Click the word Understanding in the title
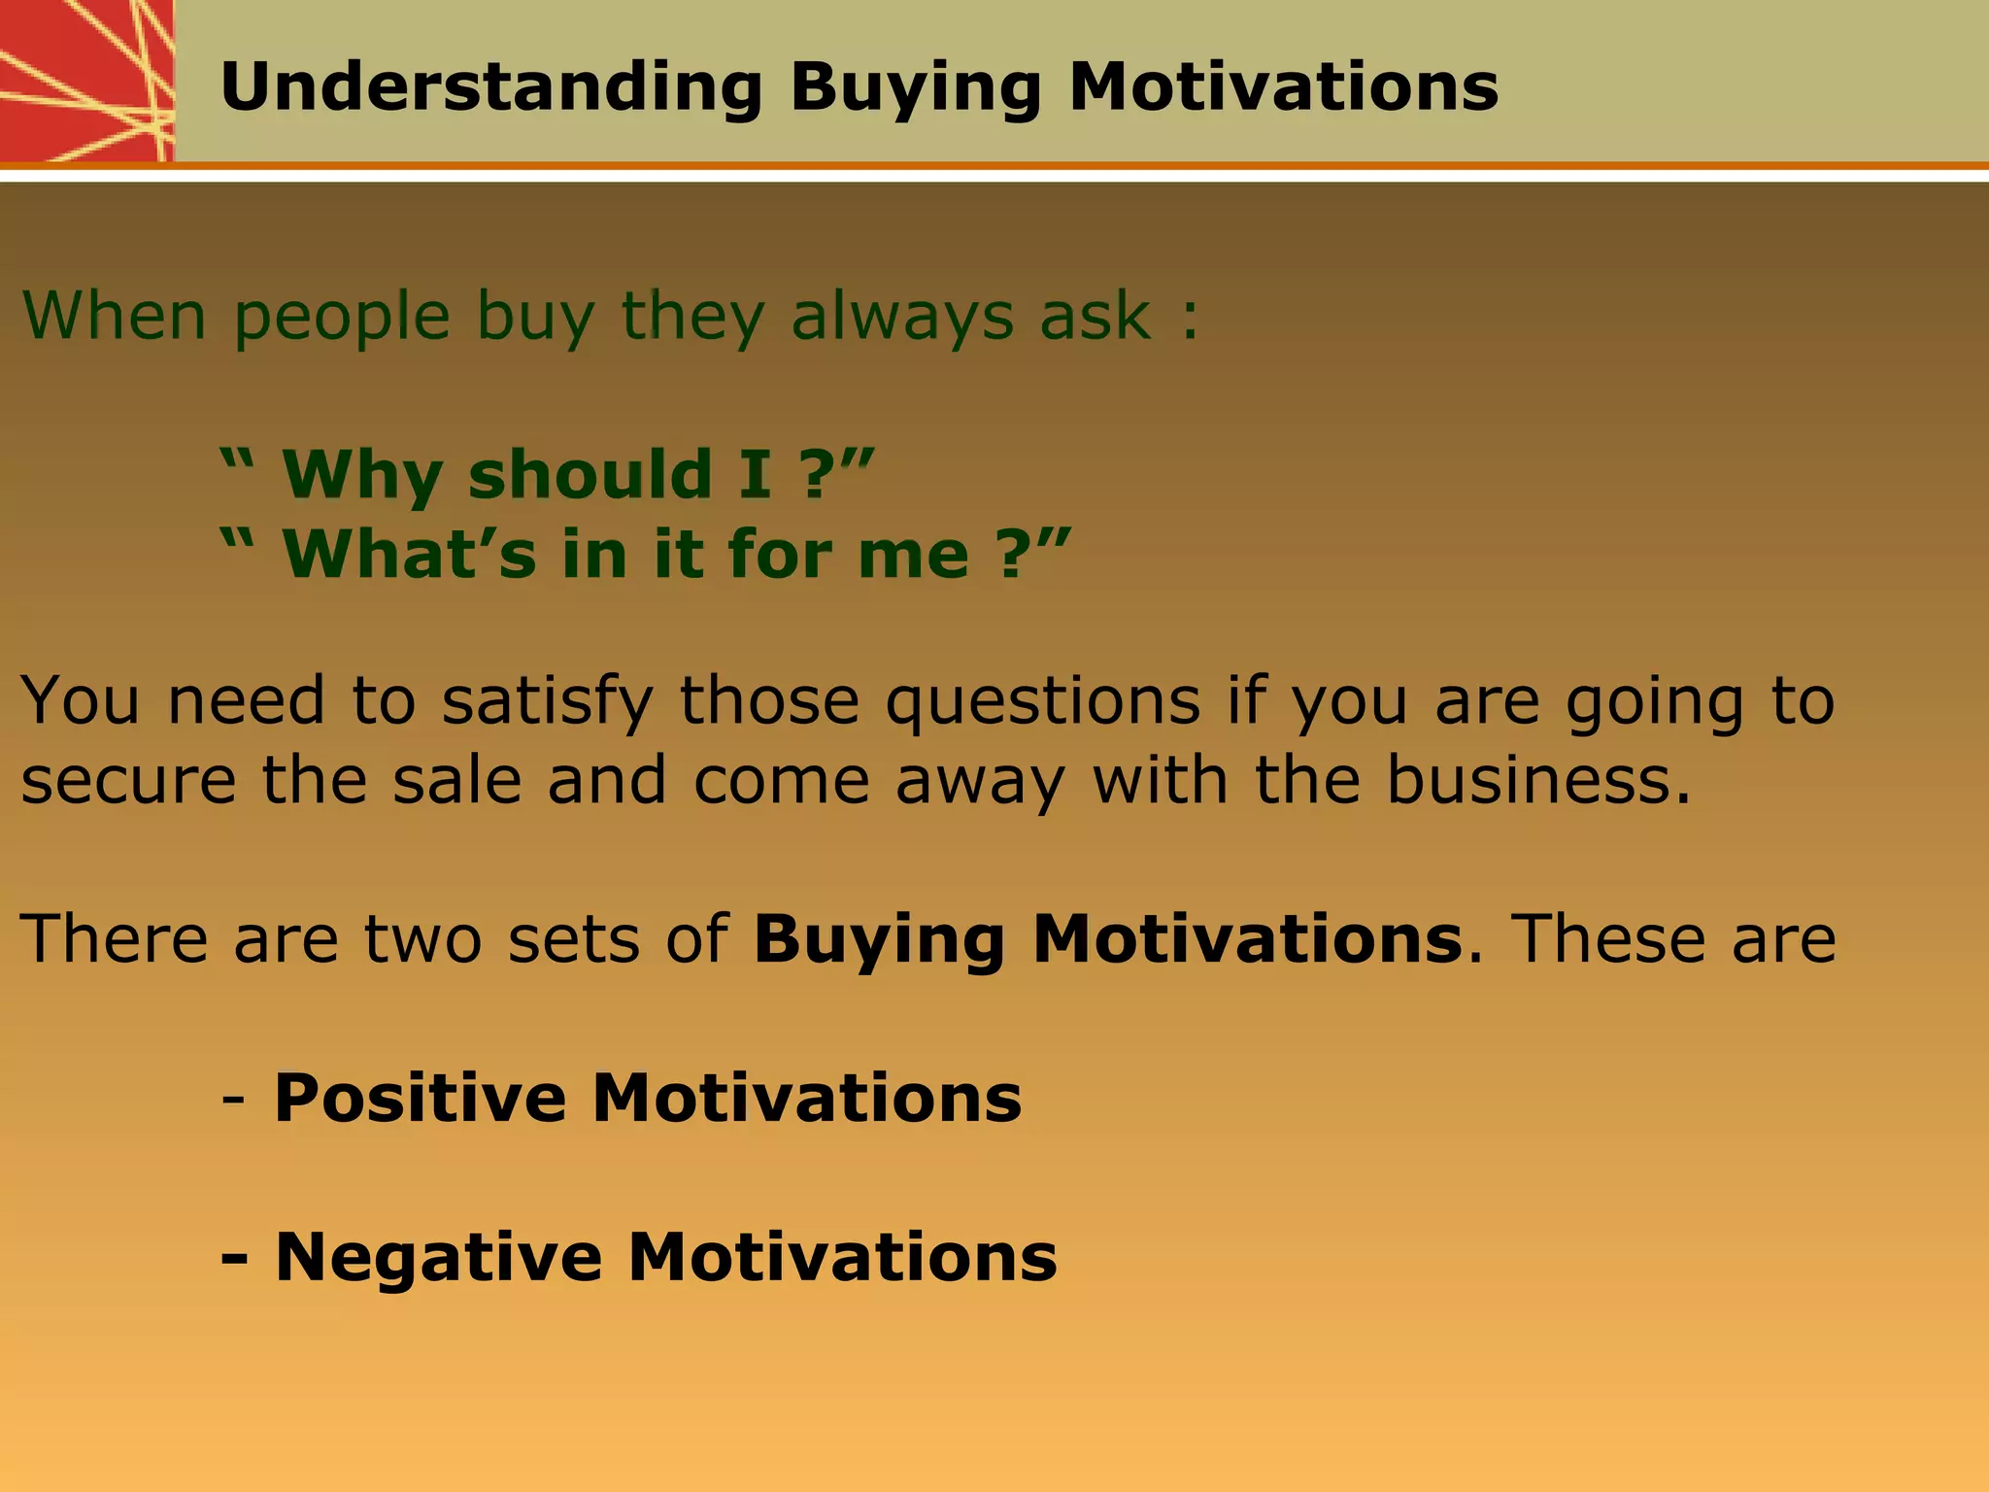point(490,87)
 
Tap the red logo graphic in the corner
point(85,80)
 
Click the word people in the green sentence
point(342,319)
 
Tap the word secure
point(128,781)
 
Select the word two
point(422,939)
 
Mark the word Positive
point(420,1098)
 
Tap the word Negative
point(438,1258)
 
